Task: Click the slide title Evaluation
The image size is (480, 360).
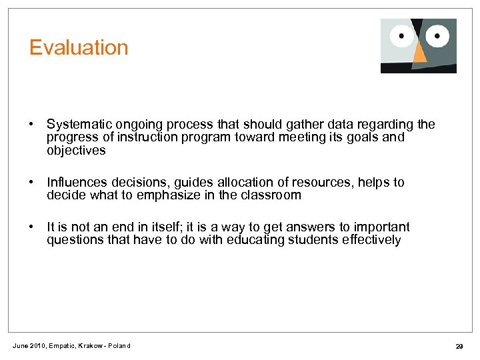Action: point(79,48)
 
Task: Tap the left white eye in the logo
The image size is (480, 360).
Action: point(402,35)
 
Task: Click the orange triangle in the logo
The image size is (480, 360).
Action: point(420,55)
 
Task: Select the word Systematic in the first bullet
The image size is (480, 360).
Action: point(79,125)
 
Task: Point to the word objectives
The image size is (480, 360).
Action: point(76,151)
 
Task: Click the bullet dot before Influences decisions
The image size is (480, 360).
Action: point(31,183)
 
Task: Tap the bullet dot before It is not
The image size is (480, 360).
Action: point(31,227)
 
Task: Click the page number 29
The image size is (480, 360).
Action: point(459,346)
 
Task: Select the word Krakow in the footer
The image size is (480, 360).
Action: point(90,345)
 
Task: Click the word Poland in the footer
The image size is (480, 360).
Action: point(121,345)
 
